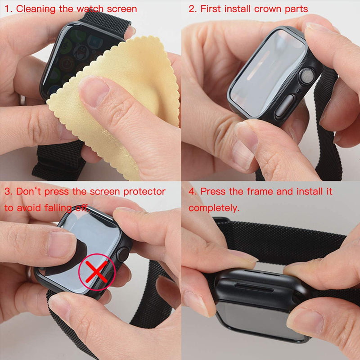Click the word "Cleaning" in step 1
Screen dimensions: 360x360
[x=36, y=9]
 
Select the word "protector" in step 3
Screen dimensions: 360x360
[x=144, y=192]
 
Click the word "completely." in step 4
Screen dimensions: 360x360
[x=214, y=208]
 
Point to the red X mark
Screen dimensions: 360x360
[x=96, y=272]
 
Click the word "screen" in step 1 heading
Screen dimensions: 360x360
[x=121, y=9]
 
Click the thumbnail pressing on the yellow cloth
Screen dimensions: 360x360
[x=94, y=91]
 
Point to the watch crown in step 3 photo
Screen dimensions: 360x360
[x=122, y=254]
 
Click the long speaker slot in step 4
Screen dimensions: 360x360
[x=254, y=288]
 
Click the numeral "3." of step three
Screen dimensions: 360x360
[x=9, y=192]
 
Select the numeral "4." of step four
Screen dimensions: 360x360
[x=193, y=192]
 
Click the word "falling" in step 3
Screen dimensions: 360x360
[x=58, y=208]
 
